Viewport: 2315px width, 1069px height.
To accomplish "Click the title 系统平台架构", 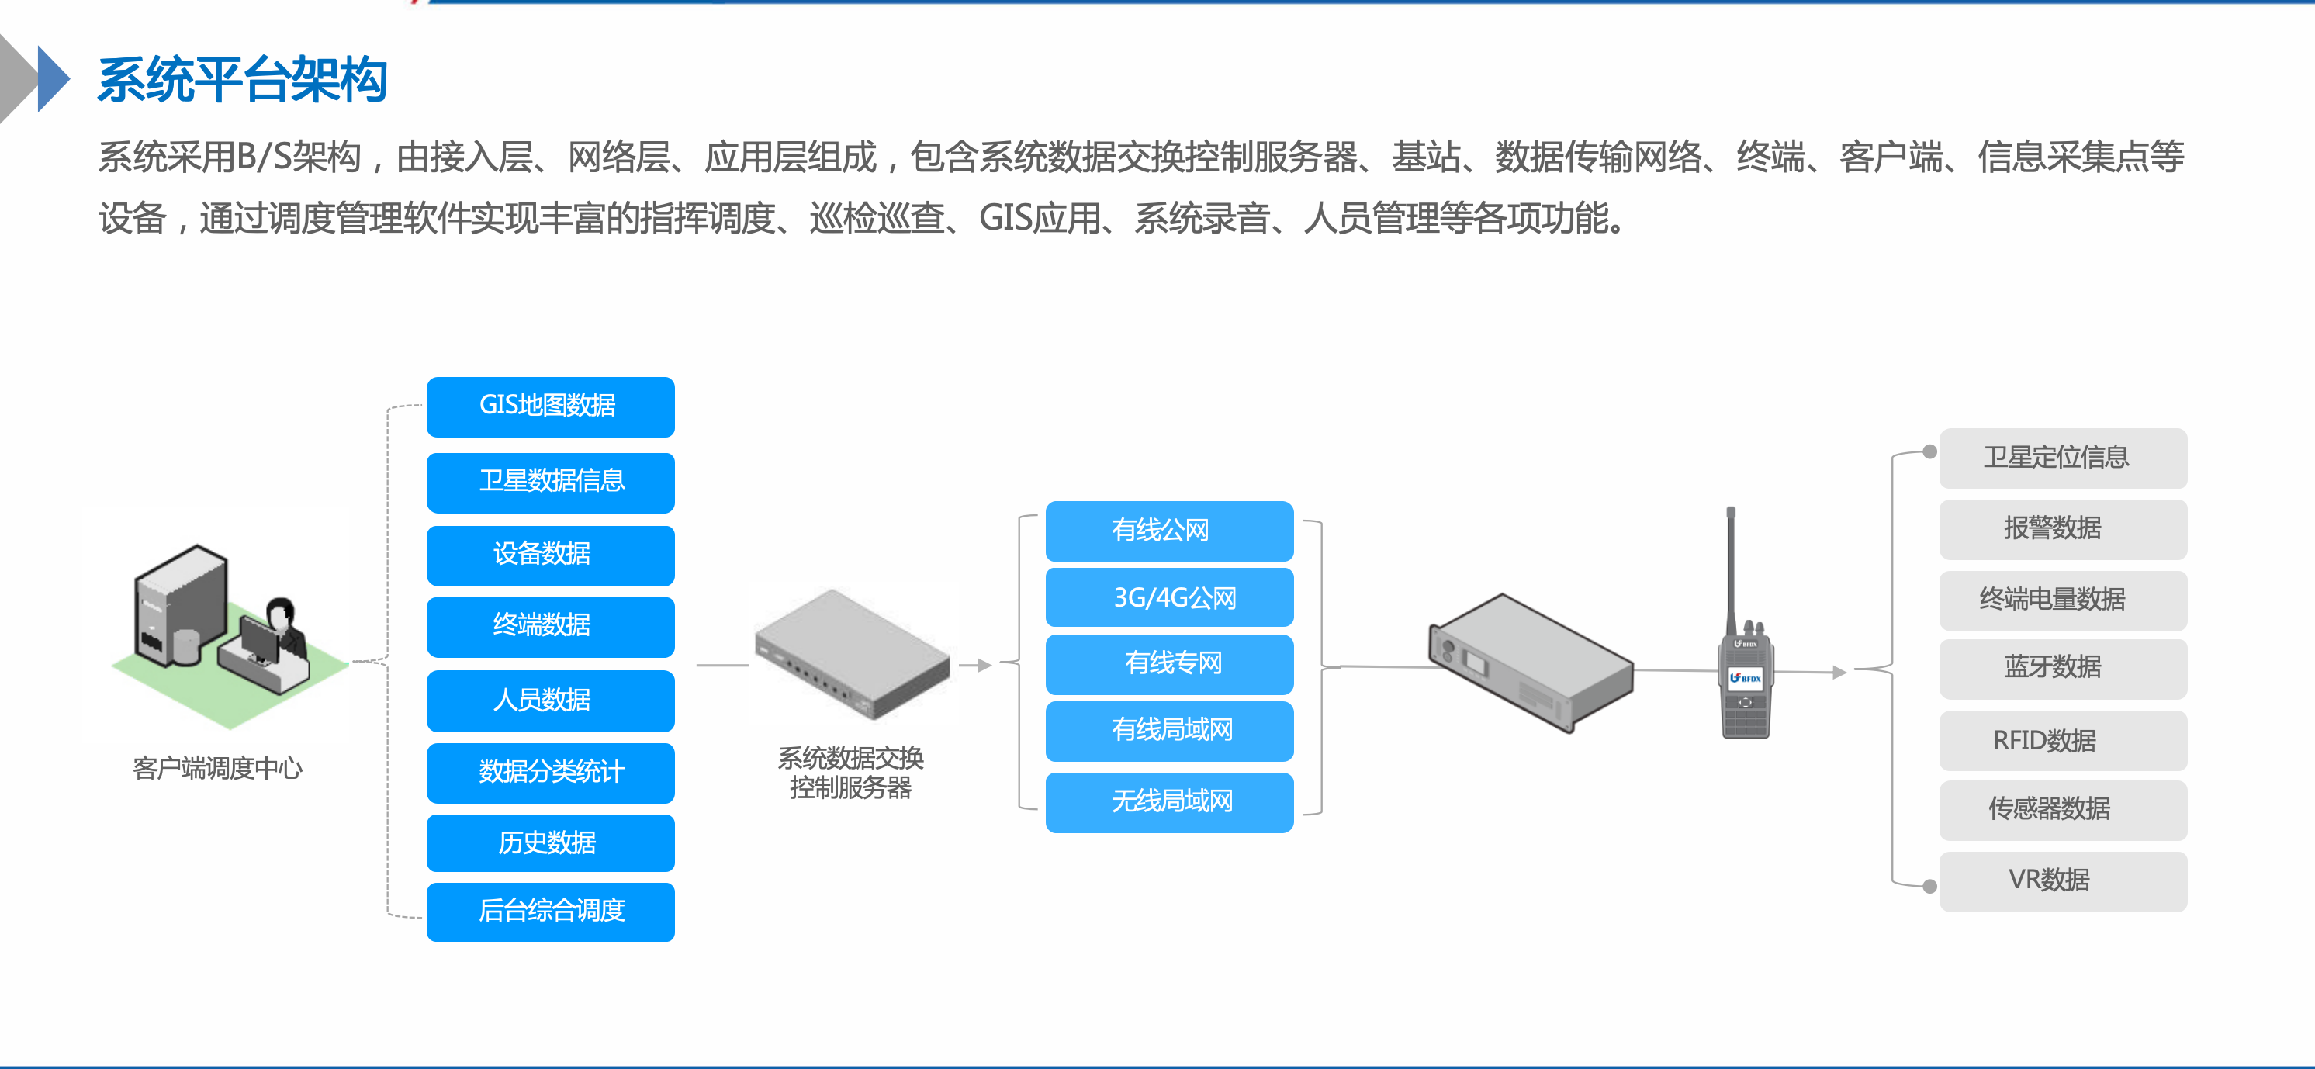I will [243, 79].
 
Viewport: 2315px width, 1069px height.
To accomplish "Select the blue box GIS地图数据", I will [550, 406].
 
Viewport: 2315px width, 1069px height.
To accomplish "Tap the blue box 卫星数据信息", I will [550, 482].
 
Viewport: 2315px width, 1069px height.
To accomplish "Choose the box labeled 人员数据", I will [550, 700].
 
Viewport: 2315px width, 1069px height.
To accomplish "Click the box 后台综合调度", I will [550, 911].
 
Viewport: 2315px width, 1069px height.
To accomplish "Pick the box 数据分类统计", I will [550, 772].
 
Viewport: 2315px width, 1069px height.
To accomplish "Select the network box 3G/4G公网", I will [1169, 597].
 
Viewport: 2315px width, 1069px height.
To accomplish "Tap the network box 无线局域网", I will [1169, 801].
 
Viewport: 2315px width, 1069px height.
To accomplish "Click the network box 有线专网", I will [1169, 664].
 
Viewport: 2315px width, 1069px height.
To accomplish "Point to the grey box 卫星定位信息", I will [2062, 457].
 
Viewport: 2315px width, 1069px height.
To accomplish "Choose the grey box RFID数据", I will [2062, 740].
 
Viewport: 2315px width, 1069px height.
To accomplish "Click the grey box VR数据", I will [2062, 880].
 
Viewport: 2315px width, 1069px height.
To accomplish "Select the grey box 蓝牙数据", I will [2062, 667].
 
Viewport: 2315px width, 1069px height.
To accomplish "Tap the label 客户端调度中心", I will [216, 768].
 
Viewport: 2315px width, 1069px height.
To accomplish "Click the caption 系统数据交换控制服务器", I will [850, 773].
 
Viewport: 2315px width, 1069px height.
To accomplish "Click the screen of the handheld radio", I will [1746, 678].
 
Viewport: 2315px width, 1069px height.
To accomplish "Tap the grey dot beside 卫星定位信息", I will [1929, 451].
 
